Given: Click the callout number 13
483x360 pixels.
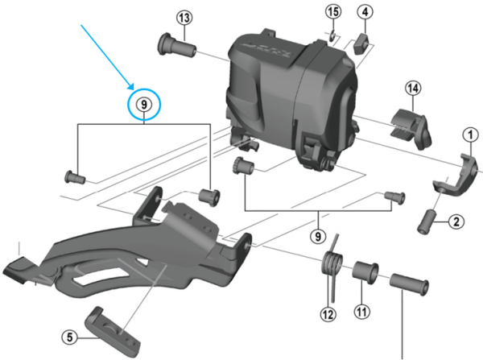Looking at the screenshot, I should (x=184, y=19).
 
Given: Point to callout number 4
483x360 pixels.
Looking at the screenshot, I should (x=365, y=13).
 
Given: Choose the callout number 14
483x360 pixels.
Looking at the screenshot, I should (x=414, y=89).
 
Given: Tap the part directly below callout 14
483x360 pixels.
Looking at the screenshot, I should (x=409, y=120).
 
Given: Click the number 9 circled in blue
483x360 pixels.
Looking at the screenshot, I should (x=144, y=105).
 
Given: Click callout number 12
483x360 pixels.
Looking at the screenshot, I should (x=327, y=313).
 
